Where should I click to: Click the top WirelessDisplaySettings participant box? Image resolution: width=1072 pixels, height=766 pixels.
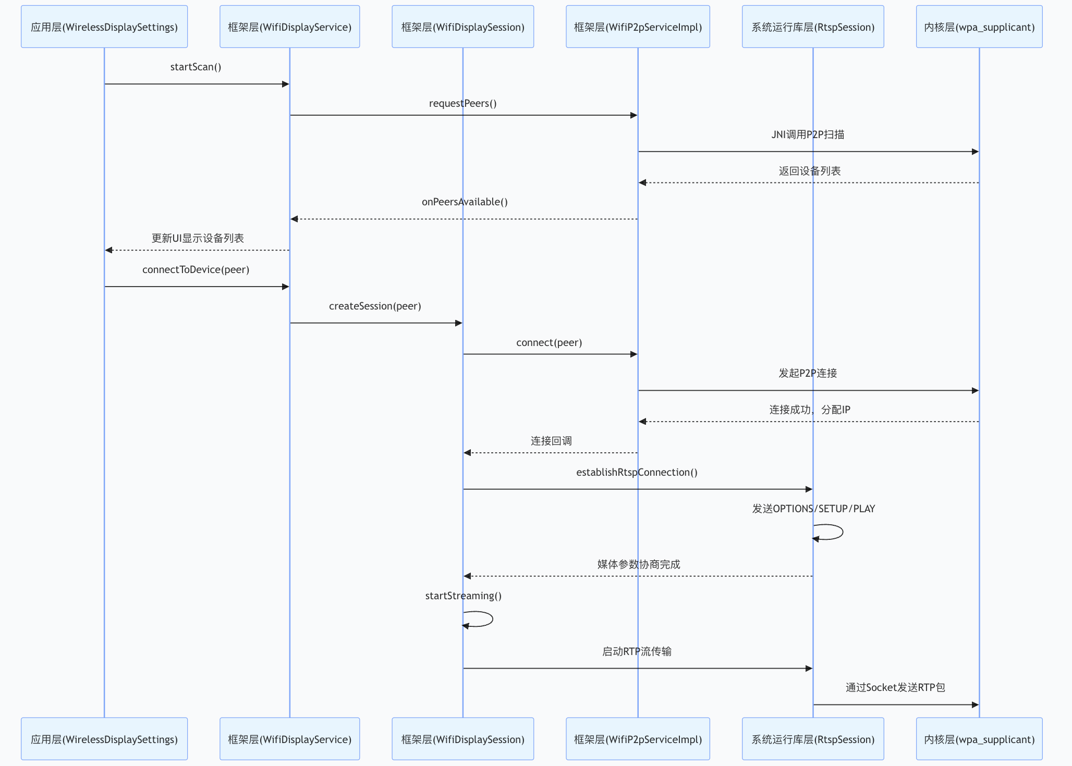tap(104, 27)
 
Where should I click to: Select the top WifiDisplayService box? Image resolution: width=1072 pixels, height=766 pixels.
tap(289, 27)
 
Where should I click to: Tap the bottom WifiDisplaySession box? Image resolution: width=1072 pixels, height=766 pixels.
tap(462, 739)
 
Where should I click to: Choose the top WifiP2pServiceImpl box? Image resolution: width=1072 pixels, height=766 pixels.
tap(638, 27)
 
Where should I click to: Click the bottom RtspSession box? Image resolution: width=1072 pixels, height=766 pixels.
tap(812, 739)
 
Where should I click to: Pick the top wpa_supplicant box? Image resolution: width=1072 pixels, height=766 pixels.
tap(979, 27)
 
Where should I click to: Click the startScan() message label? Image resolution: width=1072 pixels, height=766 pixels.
tap(196, 67)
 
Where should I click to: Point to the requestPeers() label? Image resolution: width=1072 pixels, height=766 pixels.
tap(462, 104)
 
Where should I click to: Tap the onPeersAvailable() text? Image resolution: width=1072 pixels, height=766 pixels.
tap(465, 202)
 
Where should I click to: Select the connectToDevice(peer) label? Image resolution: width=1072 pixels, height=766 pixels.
tap(196, 270)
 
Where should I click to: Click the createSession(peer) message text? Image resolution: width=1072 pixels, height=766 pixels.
tap(375, 306)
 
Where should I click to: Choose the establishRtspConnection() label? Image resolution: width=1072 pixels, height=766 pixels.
tap(637, 473)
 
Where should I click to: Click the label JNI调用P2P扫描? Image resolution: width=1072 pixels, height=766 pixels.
tap(808, 135)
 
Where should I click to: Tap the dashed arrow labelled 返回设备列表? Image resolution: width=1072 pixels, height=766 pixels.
tap(808, 183)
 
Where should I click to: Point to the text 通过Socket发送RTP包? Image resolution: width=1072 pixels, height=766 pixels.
tap(895, 688)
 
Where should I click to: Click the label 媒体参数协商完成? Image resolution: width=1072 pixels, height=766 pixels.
tap(638, 565)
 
